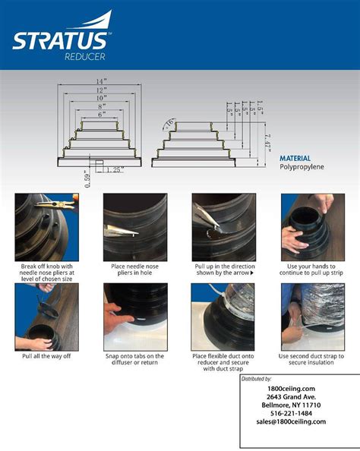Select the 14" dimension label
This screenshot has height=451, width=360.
point(100,81)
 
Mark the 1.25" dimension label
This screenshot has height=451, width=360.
point(116,169)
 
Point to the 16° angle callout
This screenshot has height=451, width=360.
point(167,122)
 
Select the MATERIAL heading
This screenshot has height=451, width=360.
point(295,159)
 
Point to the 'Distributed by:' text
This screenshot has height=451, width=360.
point(261,378)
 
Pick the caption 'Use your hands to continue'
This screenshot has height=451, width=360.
point(312,270)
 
